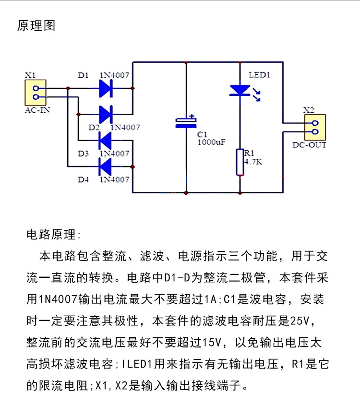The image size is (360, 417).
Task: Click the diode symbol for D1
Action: click(x=106, y=88)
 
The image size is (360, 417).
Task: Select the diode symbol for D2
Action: click(x=106, y=114)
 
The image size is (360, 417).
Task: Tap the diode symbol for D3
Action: click(x=105, y=141)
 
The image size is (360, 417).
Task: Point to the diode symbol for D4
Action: click(x=105, y=167)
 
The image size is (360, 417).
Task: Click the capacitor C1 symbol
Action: click(x=186, y=122)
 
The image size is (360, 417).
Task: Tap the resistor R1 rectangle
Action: click(x=240, y=162)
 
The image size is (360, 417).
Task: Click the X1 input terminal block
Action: click(x=36, y=93)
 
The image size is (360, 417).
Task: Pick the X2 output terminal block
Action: click(x=315, y=127)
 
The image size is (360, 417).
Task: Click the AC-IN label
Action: click(x=37, y=110)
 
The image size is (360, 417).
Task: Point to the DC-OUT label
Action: click(x=309, y=145)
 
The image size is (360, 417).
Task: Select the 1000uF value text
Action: click(x=211, y=143)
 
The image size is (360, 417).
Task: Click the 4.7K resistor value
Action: click(x=253, y=162)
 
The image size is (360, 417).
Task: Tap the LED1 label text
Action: click(x=259, y=75)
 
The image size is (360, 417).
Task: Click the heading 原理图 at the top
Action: click(x=36, y=26)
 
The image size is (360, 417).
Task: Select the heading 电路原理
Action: click(x=51, y=235)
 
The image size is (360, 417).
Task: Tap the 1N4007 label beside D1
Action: click(x=114, y=75)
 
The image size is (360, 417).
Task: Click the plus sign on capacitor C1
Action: click(x=192, y=117)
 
